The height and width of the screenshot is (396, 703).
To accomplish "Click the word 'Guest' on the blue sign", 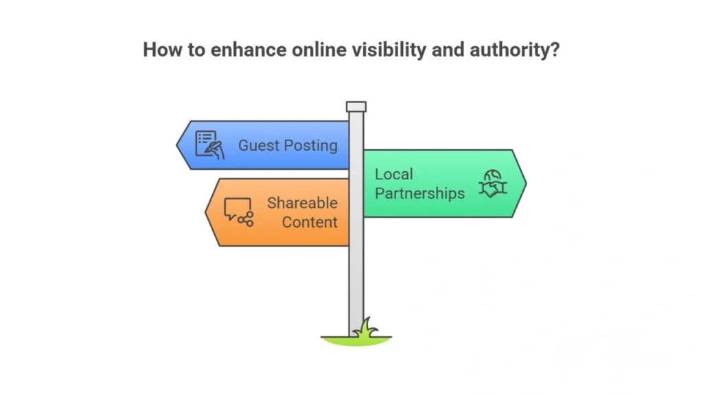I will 259,146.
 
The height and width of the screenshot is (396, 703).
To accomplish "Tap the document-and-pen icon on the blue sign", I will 209,144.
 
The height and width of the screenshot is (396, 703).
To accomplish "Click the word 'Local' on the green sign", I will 394,174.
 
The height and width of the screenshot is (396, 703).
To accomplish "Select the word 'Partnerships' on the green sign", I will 419,193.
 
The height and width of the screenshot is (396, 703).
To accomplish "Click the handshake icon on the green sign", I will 492,184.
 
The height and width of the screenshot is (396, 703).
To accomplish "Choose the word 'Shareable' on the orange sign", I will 302,203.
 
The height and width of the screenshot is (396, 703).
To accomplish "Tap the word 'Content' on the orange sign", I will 310,222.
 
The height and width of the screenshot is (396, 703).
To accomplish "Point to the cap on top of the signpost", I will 356,107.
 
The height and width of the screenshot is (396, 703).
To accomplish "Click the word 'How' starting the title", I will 159,50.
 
